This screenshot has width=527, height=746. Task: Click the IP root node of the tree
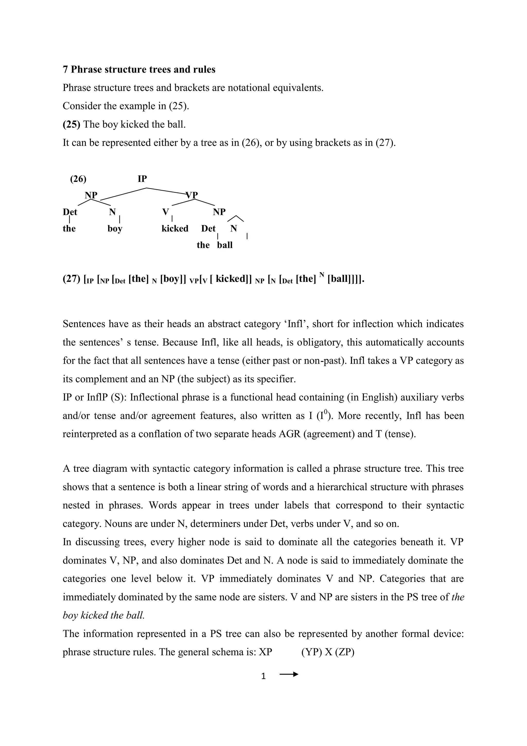[x=142, y=179]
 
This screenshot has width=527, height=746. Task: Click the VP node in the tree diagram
[x=192, y=195]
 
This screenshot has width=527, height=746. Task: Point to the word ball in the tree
[x=225, y=245]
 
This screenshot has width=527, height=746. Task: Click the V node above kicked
[x=165, y=212]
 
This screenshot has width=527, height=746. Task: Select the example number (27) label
[x=71, y=279]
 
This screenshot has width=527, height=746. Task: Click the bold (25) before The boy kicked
[x=71, y=124]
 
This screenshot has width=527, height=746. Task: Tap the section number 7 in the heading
[x=65, y=70]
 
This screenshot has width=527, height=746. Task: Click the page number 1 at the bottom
[x=263, y=676]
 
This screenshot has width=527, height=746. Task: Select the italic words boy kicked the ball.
[x=103, y=615]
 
